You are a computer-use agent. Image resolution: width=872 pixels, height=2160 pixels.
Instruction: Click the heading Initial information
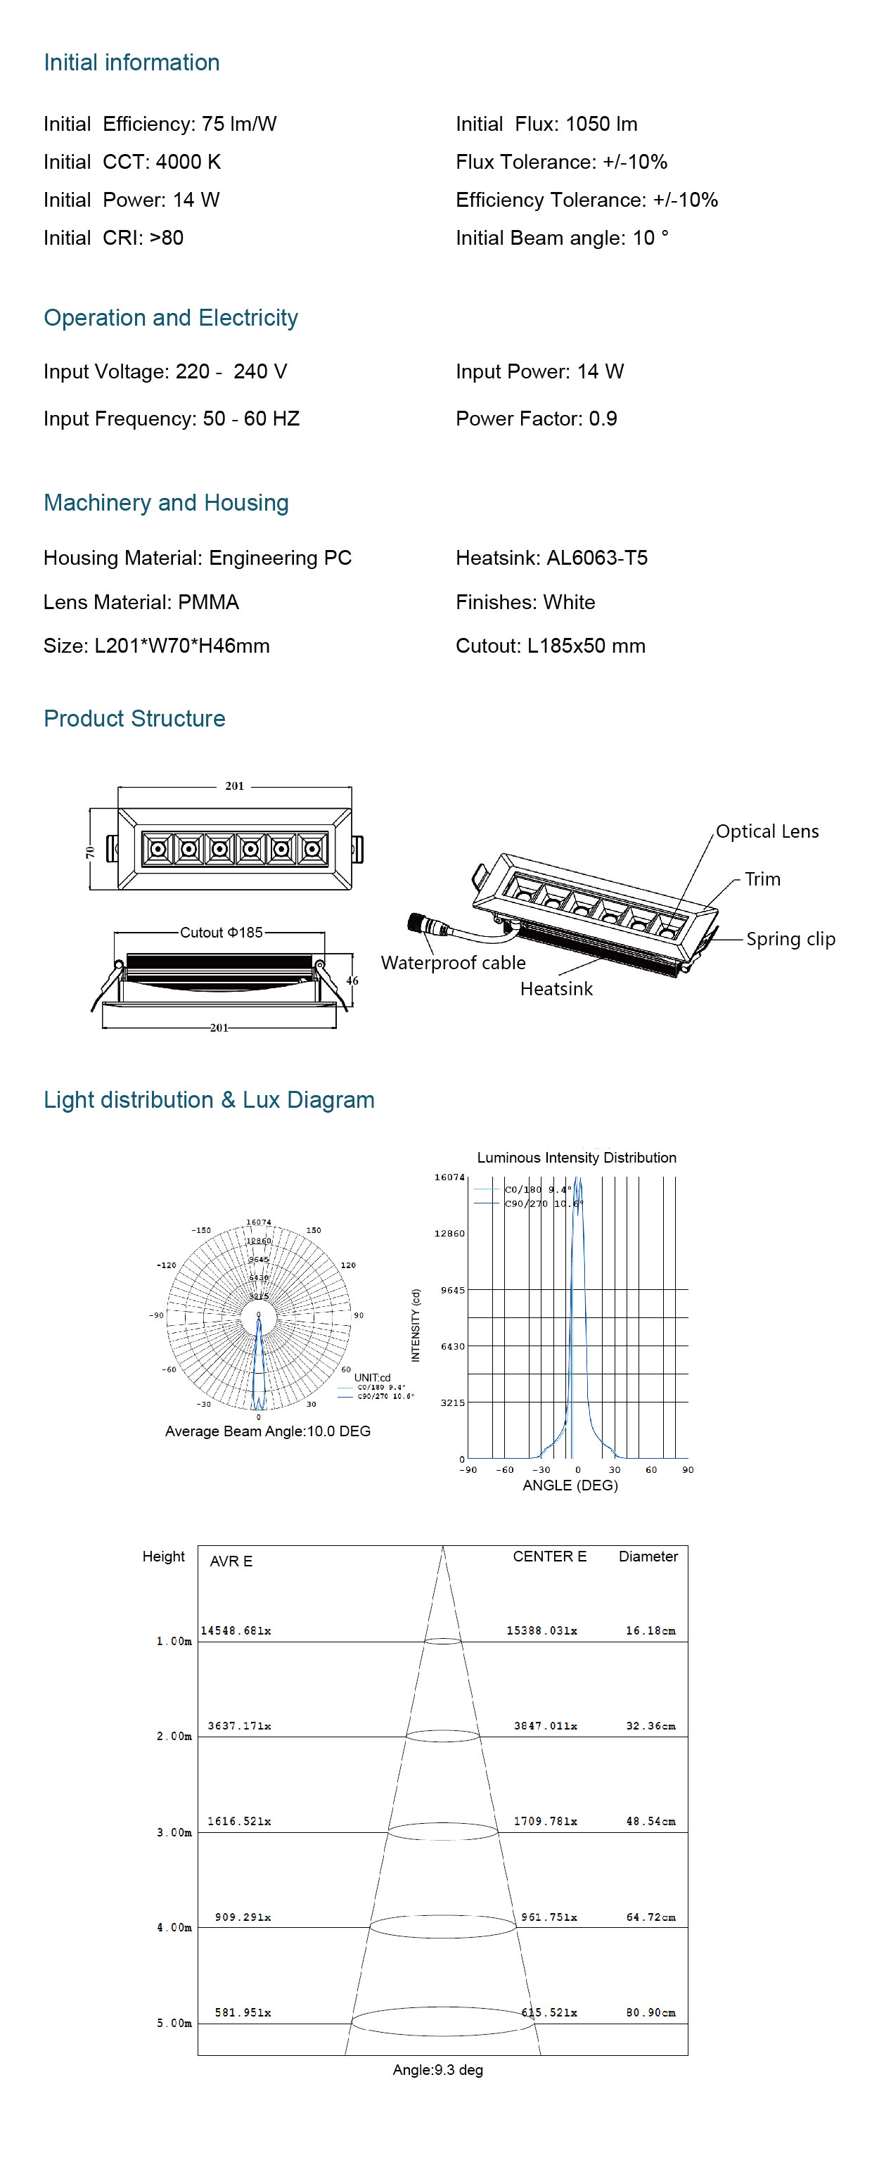coord(132,63)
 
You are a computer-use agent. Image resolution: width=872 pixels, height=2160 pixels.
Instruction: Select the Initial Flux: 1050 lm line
coord(546,124)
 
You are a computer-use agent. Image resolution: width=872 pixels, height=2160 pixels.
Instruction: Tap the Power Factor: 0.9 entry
coord(536,418)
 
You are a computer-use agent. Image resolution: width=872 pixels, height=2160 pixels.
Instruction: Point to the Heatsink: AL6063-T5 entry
coord(551,558)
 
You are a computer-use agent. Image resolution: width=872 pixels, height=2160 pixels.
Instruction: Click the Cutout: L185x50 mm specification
coord(550,646)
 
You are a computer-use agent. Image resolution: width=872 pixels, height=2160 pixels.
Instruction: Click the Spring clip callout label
coord(790,938)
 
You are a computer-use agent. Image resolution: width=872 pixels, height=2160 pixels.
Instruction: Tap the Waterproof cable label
coord(453,963)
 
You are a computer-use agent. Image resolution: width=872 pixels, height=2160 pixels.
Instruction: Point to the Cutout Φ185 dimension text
coord(222,933)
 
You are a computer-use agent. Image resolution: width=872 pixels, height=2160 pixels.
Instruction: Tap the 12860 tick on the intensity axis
coord(449,1234)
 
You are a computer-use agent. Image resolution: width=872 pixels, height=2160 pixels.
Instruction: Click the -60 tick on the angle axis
coord(505,1469)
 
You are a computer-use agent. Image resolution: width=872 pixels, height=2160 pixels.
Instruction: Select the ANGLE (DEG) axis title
coord(570,1485)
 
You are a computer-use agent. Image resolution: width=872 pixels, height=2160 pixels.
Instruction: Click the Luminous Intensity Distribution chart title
coord(576,1157)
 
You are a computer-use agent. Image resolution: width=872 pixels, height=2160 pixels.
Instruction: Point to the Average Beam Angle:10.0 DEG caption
coord(267,1431)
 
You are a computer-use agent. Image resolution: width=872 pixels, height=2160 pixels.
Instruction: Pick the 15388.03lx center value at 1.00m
coord(541,1630)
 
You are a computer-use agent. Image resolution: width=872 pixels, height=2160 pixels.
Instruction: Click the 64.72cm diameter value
coord(650,1917)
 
